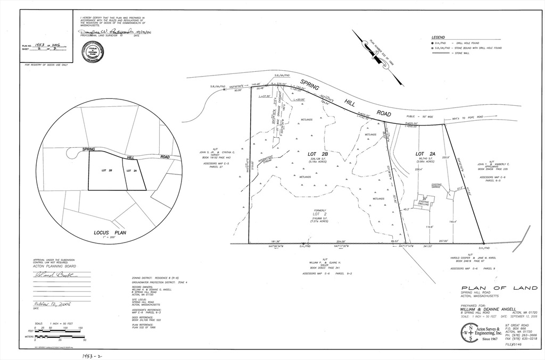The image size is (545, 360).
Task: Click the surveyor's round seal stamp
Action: coord(93,52)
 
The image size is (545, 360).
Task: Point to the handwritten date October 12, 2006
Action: coord(52,304)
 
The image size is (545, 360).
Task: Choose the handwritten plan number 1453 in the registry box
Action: coord(39,46)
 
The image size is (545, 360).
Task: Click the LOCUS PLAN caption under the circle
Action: coord(108,233)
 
